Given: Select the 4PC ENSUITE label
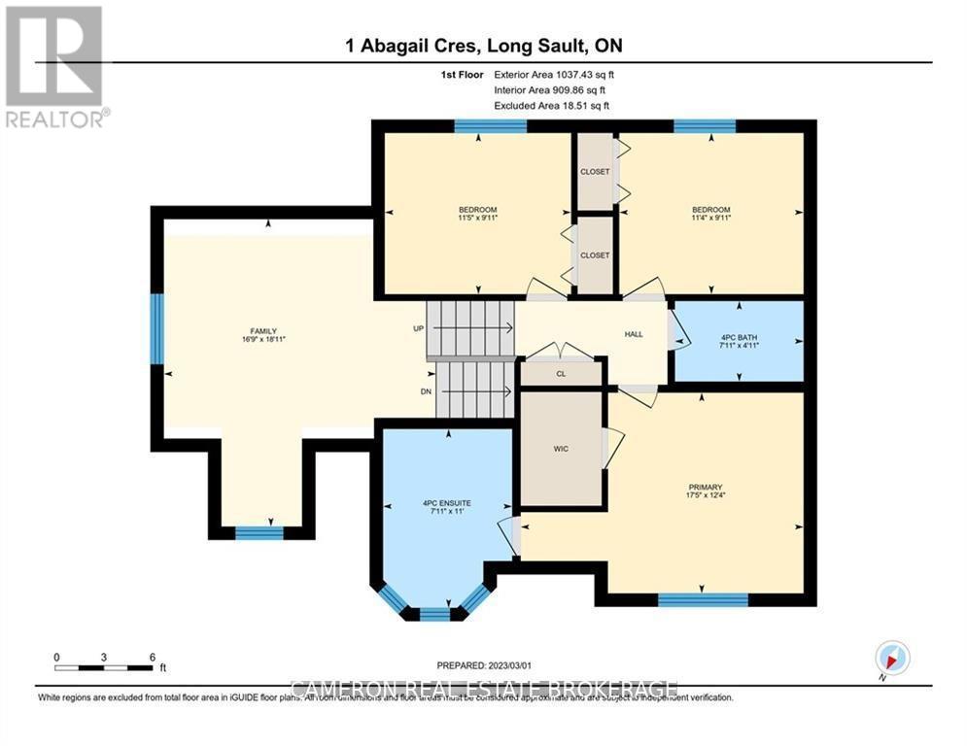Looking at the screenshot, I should (x=446, y=503).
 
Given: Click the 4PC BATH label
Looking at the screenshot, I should (x=739, y=337).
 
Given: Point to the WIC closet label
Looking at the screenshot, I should (x=561, y=449).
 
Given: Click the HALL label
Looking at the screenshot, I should (x=634, y=334).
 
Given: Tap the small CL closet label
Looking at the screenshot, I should (x=561, y=373).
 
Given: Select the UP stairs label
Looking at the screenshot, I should (x=419, y=328).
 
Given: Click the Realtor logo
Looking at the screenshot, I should (x=54, y=66).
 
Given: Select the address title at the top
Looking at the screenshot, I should (x=483, y=46).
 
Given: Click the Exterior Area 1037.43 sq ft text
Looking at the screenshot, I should (x=554, y=74).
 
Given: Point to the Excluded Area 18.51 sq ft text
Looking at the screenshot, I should (x=552, y=105).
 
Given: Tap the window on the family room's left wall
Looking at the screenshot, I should (x=156, y=328).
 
